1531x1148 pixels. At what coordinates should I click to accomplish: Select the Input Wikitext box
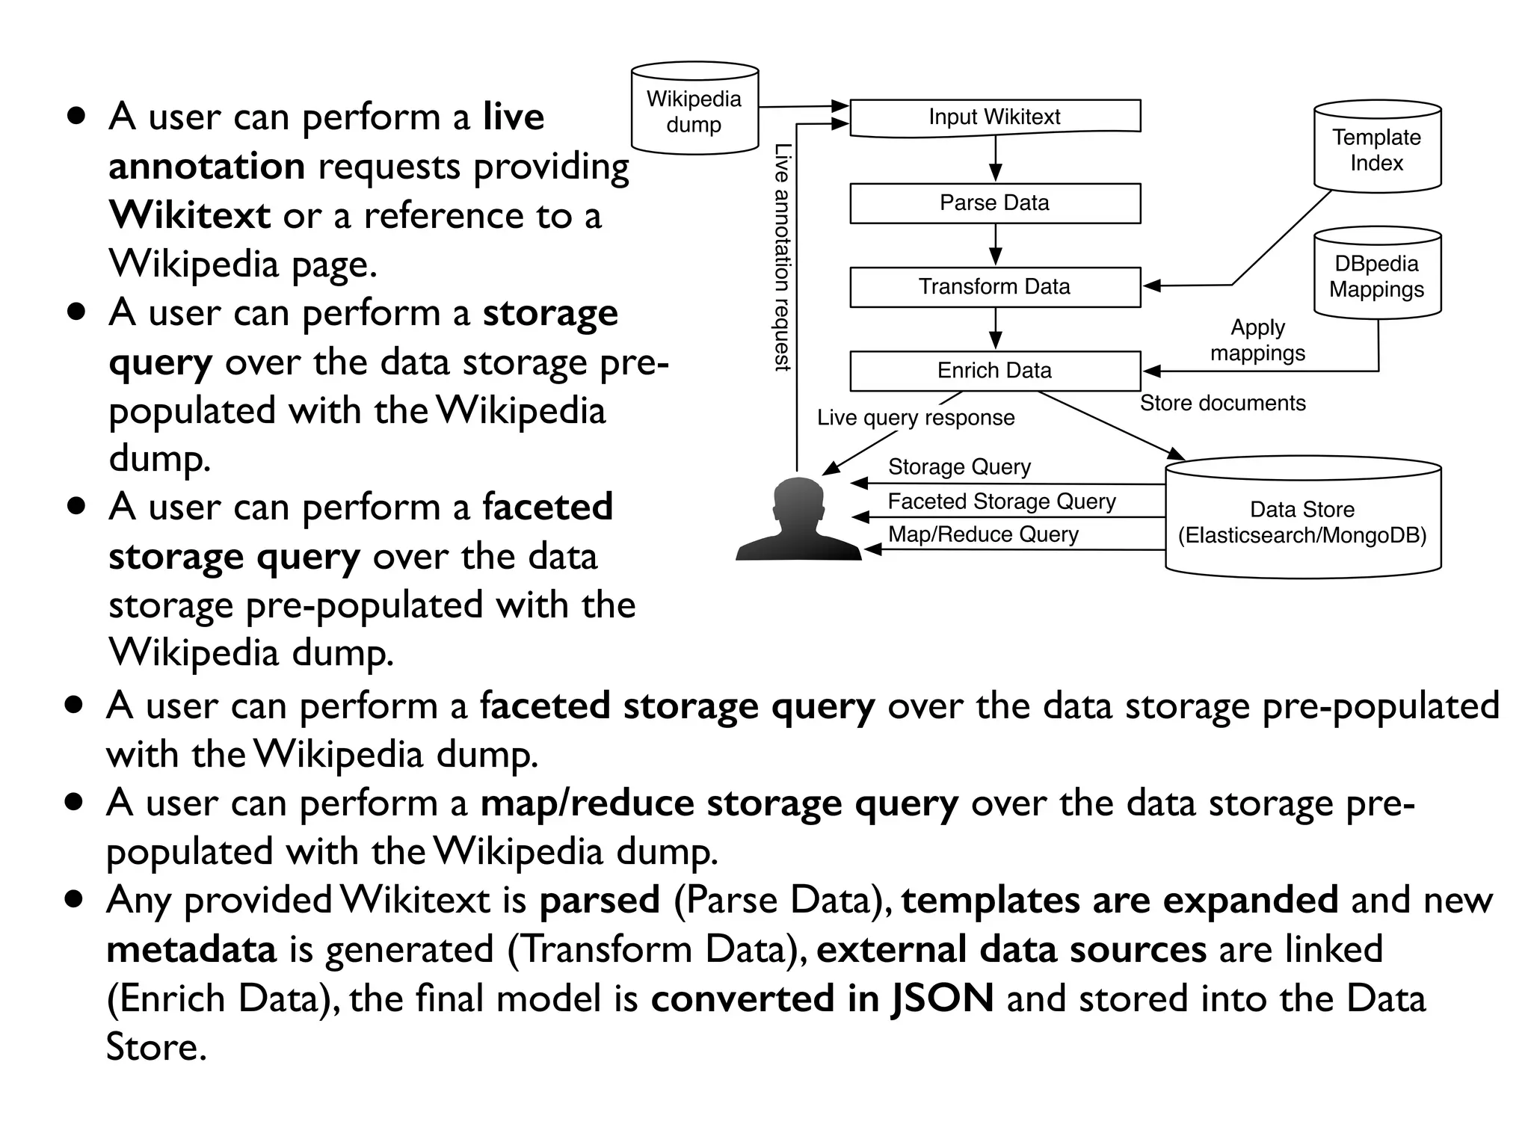[995, 117]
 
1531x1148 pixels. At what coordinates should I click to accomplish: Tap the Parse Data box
[995, 203]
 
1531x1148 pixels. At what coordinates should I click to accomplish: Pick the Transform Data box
[995, 287]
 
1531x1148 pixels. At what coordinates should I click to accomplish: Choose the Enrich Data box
[995, 371]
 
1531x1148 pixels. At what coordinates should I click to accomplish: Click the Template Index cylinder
[1377, 148]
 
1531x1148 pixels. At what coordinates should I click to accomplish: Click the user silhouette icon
[798, 521]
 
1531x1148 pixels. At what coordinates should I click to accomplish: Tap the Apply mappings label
[1258, 340]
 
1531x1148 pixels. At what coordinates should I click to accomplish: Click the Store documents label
[1222, 404]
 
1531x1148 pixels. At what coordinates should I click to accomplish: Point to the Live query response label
[916, 418]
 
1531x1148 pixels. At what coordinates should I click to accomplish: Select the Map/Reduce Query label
[983, 534]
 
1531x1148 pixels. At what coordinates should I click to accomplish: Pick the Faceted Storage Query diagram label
[1002, 502]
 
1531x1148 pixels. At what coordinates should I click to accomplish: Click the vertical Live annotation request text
[781, 258]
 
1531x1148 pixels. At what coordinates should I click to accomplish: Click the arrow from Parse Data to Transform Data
[995, 245]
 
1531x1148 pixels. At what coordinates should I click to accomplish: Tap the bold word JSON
[943, 999]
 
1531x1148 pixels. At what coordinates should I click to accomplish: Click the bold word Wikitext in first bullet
[189, 216]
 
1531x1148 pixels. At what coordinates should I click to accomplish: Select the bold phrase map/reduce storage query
[719, 804]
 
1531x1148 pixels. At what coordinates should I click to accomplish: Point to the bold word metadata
[191, 950]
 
